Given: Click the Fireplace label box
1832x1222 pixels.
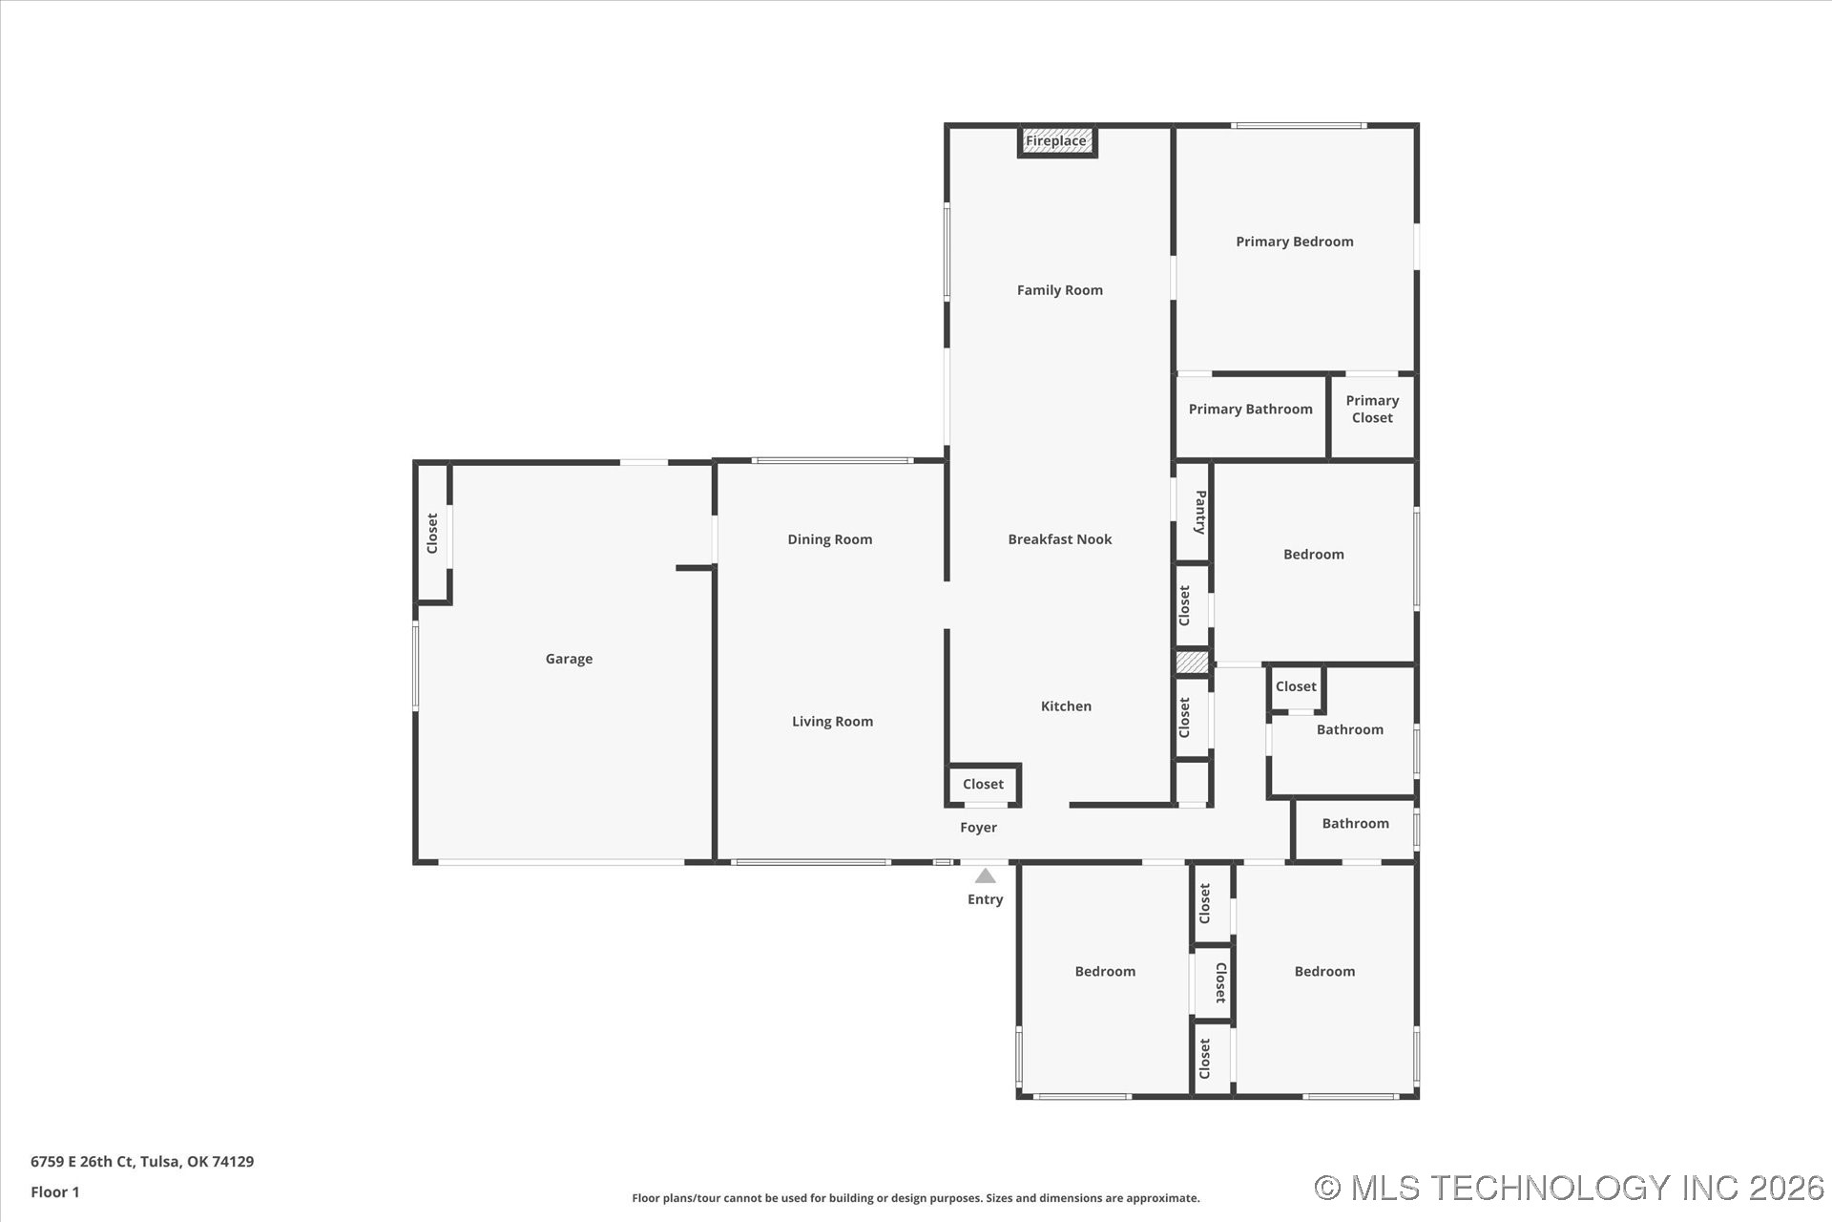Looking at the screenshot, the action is pos(1056,141).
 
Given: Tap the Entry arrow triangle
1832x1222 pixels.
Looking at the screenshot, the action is pos(986,875).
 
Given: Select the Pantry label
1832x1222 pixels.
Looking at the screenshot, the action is pos(1200,512).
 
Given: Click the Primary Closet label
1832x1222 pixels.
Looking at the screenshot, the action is pos(1372,410).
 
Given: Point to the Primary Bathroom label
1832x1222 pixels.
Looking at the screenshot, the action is pos(1250,410).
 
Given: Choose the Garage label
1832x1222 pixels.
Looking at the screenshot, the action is pos(569,659).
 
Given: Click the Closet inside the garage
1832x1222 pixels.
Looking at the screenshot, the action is pos(432,533).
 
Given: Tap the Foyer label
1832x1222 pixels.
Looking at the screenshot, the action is pos(978,828).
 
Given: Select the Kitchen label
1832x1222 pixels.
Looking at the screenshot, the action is pos(1066,706).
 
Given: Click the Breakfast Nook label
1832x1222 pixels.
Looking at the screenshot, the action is pos(1060,539).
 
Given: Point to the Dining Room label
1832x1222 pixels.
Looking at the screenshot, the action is pos(830,539).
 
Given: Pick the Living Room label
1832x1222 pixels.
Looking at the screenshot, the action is pos(832,722).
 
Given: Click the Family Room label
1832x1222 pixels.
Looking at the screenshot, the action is pos(1059,290).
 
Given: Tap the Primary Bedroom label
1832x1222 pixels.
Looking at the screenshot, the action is pos(1295,242).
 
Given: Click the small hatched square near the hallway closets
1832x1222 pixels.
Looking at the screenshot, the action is pos(1192,662).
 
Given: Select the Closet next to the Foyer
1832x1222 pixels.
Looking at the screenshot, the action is pos(983,785).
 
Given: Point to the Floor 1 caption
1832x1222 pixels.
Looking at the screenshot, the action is pos(55,1192).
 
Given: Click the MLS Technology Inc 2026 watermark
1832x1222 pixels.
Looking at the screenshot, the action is pos(1570,1188).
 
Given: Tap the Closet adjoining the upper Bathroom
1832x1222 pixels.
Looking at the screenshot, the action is pos(1296,686).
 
